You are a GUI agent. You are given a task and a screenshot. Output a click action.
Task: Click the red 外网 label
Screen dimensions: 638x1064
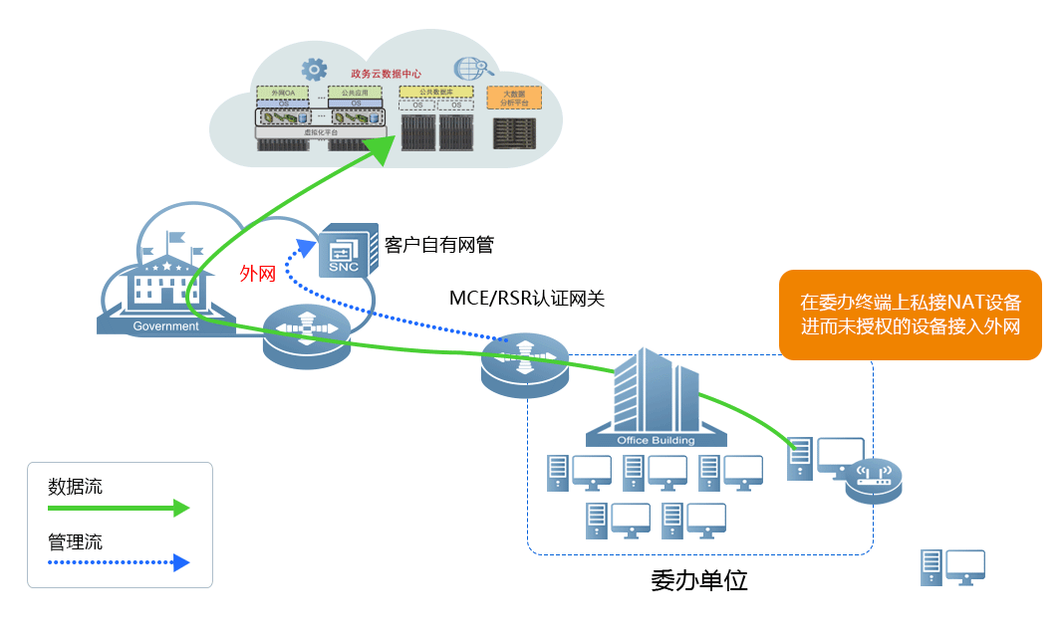257,274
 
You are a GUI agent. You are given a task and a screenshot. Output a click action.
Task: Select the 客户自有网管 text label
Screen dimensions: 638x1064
438,245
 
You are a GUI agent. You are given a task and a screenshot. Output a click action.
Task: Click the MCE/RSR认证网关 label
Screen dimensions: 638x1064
527,297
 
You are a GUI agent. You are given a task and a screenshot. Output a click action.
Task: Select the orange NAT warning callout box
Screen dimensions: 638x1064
910,314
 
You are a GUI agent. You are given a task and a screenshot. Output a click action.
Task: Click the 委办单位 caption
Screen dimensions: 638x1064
698,580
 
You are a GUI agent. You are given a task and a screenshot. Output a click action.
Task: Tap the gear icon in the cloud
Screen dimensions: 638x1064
315,69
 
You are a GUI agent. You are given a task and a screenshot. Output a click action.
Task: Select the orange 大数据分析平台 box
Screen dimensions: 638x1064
514,98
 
